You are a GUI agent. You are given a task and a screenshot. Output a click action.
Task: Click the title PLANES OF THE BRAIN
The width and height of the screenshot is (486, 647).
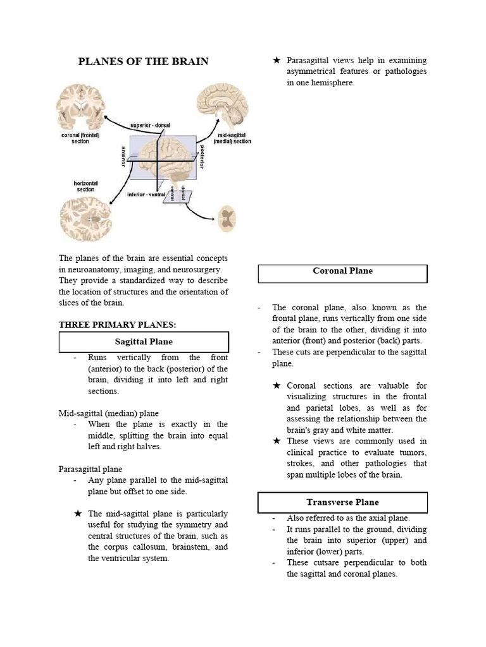pyautogui.click(x=143, y=61)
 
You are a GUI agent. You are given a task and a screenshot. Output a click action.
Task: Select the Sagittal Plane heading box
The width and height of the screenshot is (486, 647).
pyautogui.click(x=144, y=342)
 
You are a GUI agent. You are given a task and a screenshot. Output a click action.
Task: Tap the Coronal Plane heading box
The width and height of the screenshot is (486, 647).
pyautogui.click(x=343, y=271)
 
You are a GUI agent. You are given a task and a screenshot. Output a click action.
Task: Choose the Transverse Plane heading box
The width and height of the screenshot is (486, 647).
pyautogui.click(x=343, y=502)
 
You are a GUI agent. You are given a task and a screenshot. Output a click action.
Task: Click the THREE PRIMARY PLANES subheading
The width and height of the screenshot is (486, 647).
pyautogui.click(x=117, y=325)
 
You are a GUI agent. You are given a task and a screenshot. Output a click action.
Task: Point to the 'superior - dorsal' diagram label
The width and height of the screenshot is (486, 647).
pyautogui.click(x=150, y=125)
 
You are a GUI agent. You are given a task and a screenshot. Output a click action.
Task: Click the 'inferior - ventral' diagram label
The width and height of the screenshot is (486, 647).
pyautogui.click(x=146, y=194)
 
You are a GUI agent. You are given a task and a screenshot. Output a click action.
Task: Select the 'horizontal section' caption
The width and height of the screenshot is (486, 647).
pyautogui.click(x=85, y=186)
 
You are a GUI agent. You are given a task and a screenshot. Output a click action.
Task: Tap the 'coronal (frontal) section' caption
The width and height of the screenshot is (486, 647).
pyautogui.click(x=80, y=138)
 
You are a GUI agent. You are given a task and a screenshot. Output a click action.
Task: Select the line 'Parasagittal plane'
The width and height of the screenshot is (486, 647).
pyautogui.click(x=90, y=469)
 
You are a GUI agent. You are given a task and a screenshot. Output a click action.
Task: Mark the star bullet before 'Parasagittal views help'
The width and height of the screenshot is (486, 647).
pyautogui.click(x=277, y=61)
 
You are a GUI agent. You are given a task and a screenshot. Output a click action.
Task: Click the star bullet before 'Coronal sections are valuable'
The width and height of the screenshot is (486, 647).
pyautogui.click(x=277, y=385)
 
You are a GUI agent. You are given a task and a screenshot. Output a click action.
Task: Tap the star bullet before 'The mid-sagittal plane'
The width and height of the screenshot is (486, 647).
pyautogui.click(x=78, y=514)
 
